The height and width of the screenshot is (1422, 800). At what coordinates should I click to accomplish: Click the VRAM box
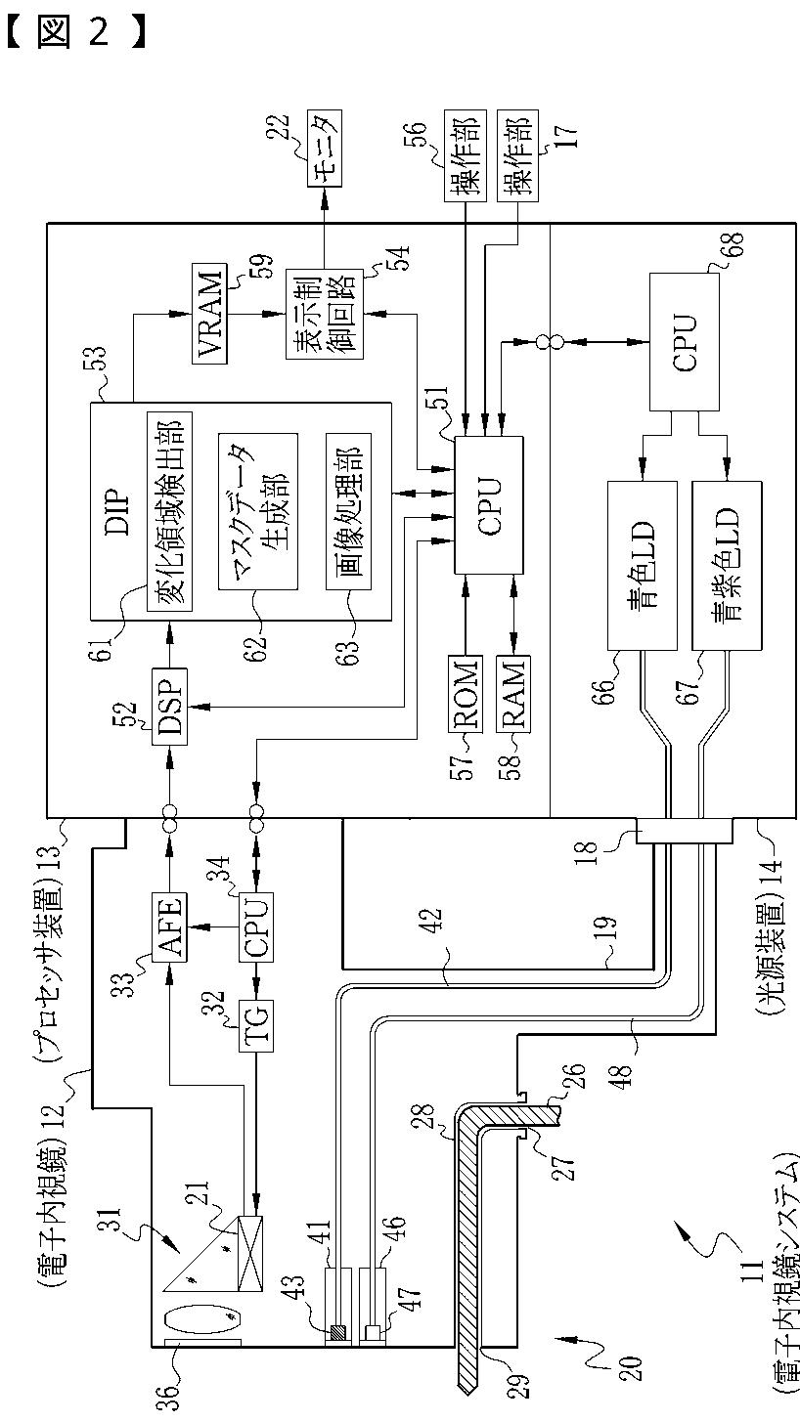(x=209, y=313)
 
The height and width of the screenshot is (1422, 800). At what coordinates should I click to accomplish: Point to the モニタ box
(x=324, y=148)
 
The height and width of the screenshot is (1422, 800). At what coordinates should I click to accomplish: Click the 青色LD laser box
(x=643, y=566)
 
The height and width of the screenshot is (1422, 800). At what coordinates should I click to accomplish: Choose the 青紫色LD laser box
(x=727, y=566)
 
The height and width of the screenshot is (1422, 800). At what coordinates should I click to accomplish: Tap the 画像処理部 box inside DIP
(x=348, y=512)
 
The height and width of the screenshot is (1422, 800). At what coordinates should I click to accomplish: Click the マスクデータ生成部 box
(x=258, y=512)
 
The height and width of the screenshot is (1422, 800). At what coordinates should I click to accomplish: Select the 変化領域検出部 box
(x=169, y=512)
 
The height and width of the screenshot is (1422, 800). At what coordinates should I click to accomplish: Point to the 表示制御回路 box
(x=324, y=314)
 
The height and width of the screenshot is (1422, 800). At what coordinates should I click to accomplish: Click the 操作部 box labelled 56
(x=466, y=155)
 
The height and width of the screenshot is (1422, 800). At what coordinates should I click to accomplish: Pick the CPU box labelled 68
(x=684, y=342)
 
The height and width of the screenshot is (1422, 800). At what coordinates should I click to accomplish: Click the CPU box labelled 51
(x=489, y=505)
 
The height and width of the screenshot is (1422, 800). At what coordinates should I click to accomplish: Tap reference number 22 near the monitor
(x=278, y=128)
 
